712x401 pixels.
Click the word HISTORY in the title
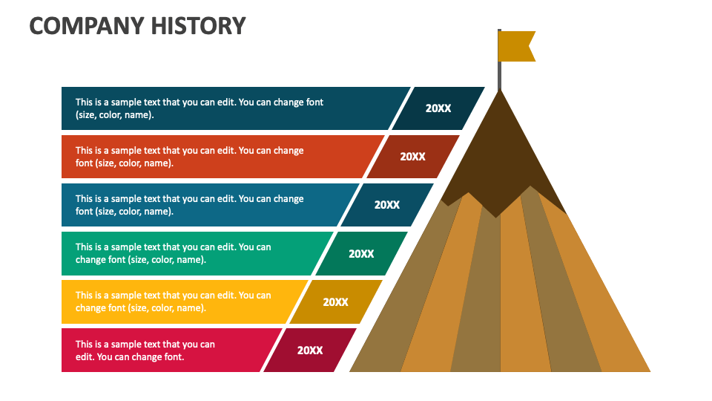(198, 26)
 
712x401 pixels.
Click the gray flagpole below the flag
(499, 76)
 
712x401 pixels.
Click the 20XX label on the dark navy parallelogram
(438, 108)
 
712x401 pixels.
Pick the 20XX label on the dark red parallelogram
(413, 157)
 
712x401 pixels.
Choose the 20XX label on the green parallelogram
(361, 254)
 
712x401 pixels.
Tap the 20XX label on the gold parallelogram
(335, 302)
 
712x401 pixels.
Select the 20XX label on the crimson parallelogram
(310, 350)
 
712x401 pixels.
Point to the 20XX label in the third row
(387, 205)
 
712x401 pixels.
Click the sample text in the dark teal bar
(200, 108)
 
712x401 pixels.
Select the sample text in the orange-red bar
(189, 157)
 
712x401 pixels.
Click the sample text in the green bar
(173, 253)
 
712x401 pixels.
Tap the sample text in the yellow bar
(173, 301)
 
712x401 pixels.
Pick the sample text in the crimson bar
(145, 351)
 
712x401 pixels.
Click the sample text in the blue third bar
(189, 205)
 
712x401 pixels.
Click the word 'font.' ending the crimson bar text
(174, 357)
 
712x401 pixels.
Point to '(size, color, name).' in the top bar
(115, 115)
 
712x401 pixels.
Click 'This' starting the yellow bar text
(84, 296)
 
